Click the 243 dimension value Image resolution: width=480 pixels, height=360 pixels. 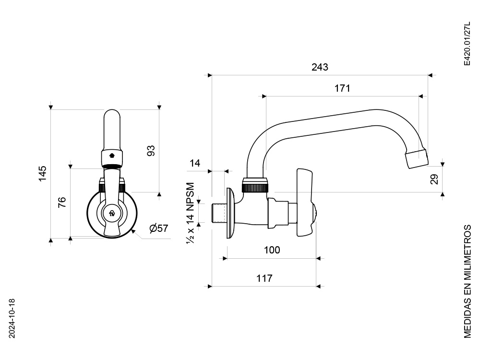click(320, 67)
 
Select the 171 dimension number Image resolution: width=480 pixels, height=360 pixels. click(342, 88)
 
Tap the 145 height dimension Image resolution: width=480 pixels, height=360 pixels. click(43, 174)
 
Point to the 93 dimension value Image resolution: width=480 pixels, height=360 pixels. click(151, 151)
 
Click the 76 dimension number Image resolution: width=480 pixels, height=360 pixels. click(62, 203)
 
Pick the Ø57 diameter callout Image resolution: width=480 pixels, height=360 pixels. click(159, 228)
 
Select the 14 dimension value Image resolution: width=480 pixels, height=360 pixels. click(195, 163)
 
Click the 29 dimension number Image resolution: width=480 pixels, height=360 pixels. click(434, 179)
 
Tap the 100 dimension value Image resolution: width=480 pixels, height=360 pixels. click(272, 250)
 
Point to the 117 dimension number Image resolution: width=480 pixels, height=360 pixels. click(264, 278)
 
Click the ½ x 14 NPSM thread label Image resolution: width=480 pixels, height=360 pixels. click(191, 213)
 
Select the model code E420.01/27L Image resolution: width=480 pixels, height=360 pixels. click(467, 44)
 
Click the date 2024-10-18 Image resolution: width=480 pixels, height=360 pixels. click(12, 318)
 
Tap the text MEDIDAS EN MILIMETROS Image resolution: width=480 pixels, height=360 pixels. click(467, 281)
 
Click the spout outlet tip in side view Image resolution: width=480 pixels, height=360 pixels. click(417, 158)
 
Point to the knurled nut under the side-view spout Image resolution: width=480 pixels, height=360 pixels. click(255, 187)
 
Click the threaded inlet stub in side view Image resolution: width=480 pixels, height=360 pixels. click(219, 213)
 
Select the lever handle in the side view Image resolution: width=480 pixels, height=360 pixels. click(305, 202)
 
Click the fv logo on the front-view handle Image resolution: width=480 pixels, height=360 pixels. click(112, 214)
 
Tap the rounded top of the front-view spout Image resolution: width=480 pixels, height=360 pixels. click(112, 113)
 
